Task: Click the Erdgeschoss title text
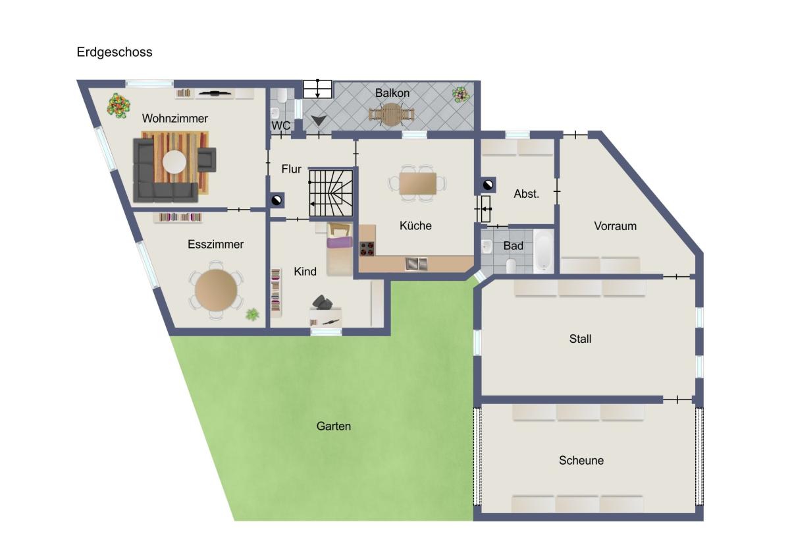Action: [115, 52]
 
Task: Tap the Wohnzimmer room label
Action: [175, 118]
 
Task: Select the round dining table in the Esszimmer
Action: [216, 290]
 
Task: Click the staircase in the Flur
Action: [330, 192]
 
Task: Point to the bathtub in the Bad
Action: [544, 251]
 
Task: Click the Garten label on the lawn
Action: [334, 427]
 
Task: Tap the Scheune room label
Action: [581, 461]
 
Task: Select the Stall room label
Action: [580, 339]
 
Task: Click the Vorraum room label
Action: [616, 226]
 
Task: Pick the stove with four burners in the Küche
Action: [367, 249]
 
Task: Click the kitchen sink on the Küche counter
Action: [416, 264]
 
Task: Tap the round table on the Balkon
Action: [391, 115]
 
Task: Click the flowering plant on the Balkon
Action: [461, 95]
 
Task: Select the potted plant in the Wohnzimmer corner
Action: [118, 105]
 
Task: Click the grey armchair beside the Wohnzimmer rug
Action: [206, 160]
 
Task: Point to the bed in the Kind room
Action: [339, 249]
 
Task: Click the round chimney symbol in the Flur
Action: [276, 200]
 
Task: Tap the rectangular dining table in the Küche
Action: [417, 184]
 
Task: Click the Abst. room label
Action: [526, 194]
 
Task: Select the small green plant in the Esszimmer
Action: [252, 314]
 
